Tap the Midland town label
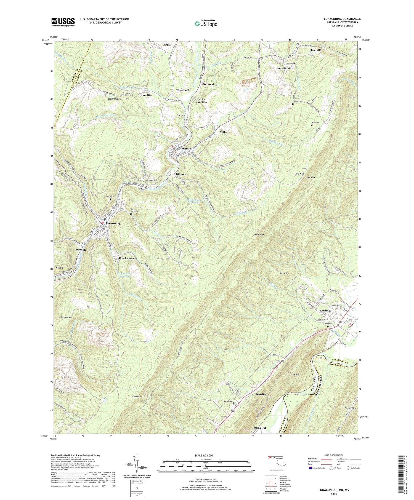point(184,148)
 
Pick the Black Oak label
point(260,428)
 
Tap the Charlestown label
point(127,258)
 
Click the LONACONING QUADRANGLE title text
point(340,19)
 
